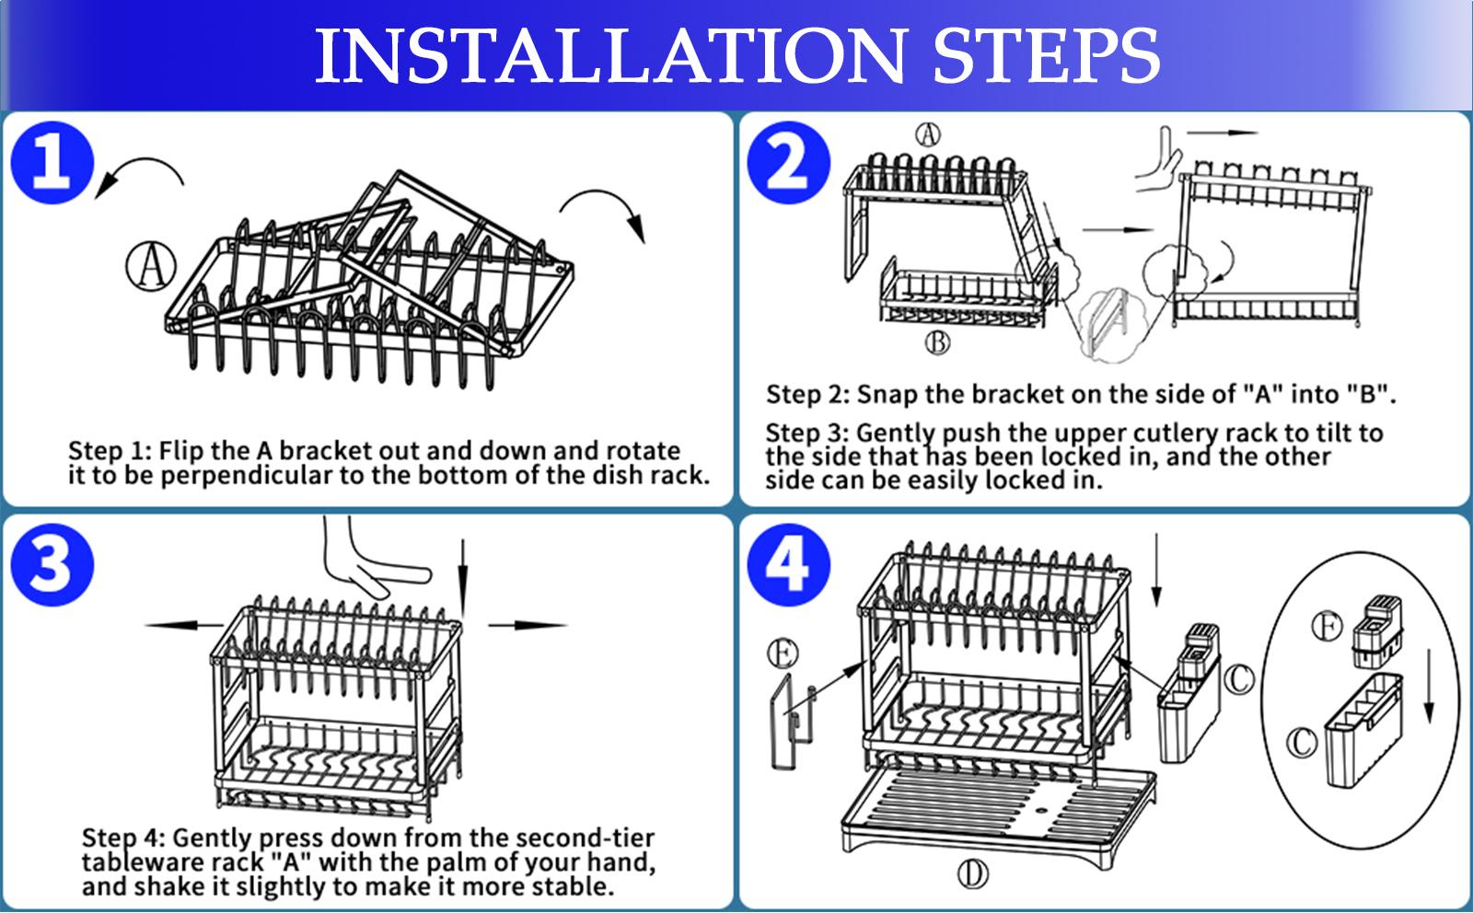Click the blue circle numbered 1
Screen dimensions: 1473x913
coord(52,162)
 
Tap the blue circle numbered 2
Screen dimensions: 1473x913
coord(788,162)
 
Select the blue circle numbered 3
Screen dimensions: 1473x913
coord(52,564)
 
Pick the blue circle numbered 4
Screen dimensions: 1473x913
coord(788,564)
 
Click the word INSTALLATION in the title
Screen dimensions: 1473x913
coord(611,56)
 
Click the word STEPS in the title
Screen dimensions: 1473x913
coord(1047,56)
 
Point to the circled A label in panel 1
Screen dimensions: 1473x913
coord(151,266)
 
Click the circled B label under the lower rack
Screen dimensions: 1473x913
coord(938,342)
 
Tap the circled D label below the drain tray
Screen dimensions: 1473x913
coord(972,874)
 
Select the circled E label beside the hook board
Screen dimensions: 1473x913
coord(783,654)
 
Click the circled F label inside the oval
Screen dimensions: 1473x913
coord(1328,626)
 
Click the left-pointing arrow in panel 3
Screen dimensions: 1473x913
coord(185,625)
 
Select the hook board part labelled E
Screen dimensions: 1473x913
coord(793,722)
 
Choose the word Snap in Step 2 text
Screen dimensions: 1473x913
coord(887,395)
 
